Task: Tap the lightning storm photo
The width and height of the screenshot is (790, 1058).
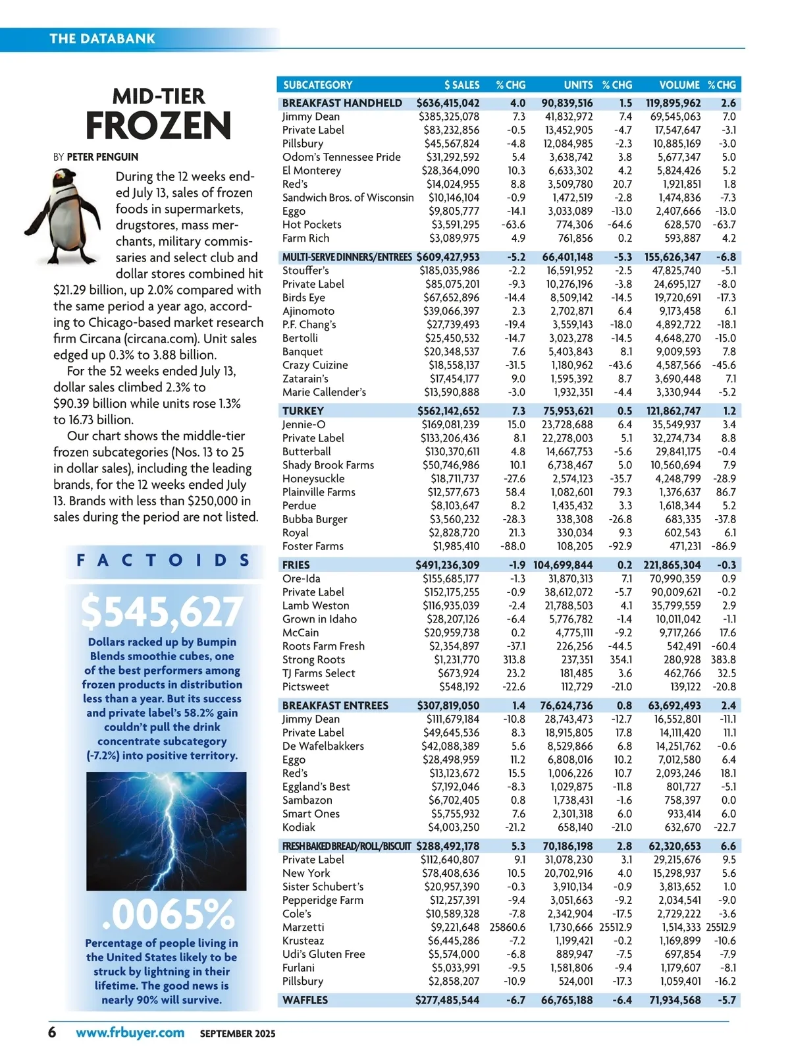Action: click(x=166, y=831)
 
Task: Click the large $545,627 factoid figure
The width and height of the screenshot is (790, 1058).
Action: click(x=162, y=612)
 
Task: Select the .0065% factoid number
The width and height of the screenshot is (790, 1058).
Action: click(x=169, y=914)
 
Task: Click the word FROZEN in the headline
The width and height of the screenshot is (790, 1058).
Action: click(x=159, y=126)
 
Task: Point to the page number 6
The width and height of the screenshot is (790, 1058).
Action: click(x=52, y=1032)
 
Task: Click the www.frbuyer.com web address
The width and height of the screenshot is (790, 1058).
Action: click(x=130, y=1032)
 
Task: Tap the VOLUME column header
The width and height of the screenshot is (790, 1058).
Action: click(x=679, y=85)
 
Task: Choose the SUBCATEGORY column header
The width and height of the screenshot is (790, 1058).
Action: click(x=317, y=85)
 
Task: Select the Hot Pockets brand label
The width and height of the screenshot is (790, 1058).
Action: click(x=311, y=225)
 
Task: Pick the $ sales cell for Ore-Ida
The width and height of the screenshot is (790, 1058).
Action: click(x=451, y=578)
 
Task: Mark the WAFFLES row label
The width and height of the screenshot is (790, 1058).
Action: click(x=305, y=1000)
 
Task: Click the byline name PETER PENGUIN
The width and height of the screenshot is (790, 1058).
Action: click(x=102, y=157)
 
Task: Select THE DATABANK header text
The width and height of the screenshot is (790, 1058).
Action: click(x=102, y=38)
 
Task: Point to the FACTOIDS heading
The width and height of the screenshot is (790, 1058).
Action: click(x=163, y=561)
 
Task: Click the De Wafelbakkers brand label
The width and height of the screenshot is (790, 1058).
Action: click(x=323, y=746)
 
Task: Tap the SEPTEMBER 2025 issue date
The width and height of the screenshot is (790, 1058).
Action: click(x=238, y=1034)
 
